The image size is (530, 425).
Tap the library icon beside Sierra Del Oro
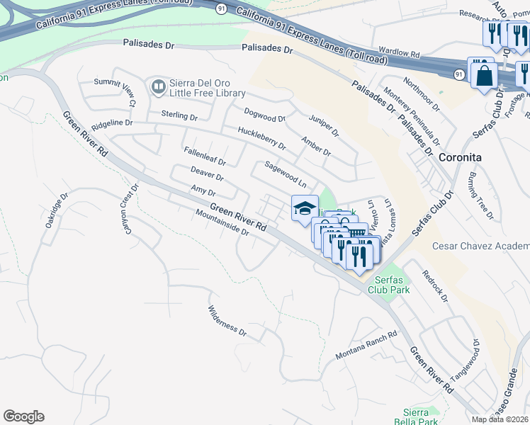pos(158,87)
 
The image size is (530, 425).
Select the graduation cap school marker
pos(305,208)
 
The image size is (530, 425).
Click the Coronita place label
pos(460,157)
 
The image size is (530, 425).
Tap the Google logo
pos(24,416)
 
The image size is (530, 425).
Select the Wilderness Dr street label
pos(227,320)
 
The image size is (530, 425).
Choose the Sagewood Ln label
pos(285,174)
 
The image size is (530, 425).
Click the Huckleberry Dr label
pos(261,139)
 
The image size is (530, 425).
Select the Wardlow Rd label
pos(400,54)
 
